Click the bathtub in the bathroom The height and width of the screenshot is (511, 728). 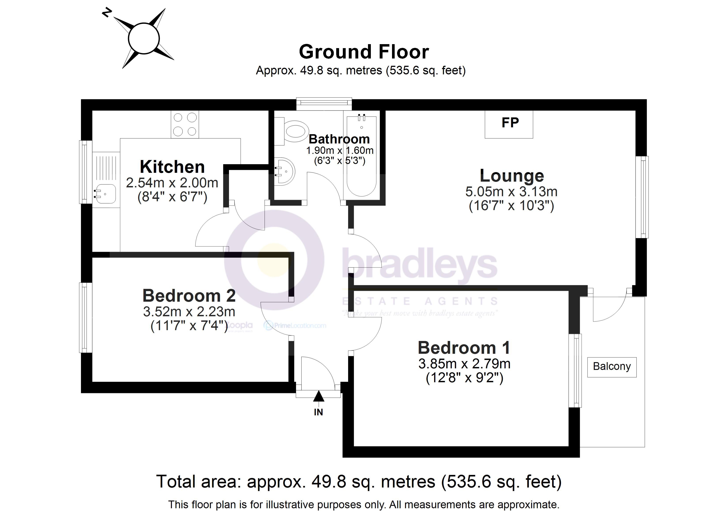coord(362,157)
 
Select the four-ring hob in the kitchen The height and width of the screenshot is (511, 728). coord(185,124)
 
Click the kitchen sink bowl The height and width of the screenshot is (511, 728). coord(106,193)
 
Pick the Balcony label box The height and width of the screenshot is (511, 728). coord(612,367)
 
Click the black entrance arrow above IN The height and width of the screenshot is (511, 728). coord(318,396)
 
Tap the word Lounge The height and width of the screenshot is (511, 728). coord(511,176)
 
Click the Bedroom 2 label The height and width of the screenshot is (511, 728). coord(189,296)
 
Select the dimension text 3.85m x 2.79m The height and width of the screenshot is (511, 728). coord(464,364)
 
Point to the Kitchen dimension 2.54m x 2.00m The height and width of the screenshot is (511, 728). coord(172,183)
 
